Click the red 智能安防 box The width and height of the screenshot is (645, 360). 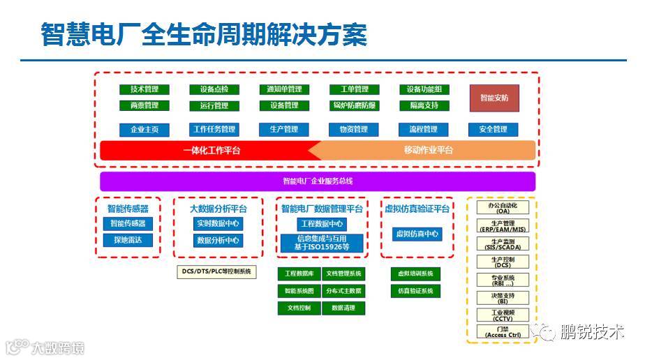click(x=494, y=98)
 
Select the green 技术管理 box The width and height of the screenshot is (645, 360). click(x=144, y=89)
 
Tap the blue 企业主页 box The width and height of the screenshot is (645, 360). click(x=144, y=130)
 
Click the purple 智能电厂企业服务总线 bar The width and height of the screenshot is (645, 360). click(x=318, y=181)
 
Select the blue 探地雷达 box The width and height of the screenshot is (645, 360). click(x=128, y=240)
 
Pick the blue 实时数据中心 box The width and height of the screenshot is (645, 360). click(x=218, y=224)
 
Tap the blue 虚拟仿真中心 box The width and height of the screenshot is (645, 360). click(x=417, y=234)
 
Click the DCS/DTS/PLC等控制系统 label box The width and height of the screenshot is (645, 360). click(x=216, y=271)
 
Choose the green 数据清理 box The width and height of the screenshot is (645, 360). click(x=343, y=308)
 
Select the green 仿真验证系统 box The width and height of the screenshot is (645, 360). click(x=415, y=290)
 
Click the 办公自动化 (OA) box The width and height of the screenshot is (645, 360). click(x=503, y=208)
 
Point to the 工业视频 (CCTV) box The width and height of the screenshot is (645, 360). click(x=503, y=315)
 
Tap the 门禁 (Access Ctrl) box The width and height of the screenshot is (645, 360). click(x=503, y=332)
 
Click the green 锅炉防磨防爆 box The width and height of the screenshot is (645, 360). click(x=355, y=105)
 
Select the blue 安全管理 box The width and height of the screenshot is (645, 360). click(x=493, y=130)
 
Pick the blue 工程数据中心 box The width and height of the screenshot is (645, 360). click(x=321, y=224)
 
